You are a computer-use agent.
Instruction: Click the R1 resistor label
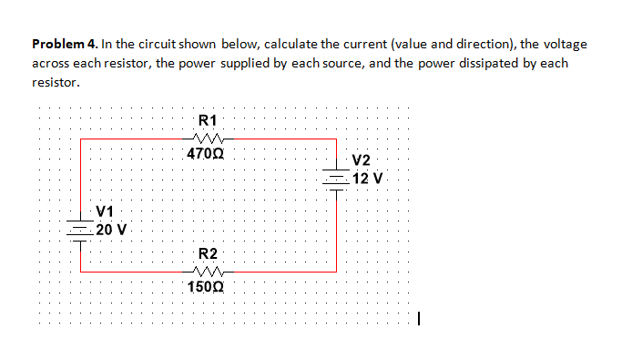pos(207,119)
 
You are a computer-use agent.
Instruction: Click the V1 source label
pos(107,211)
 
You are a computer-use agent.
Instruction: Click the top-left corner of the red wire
pos(81,139)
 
